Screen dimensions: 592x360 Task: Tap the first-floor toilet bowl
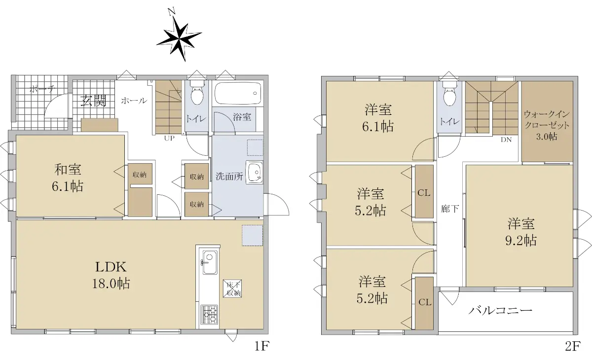(196, 93)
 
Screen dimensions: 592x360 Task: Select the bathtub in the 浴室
(238, 94)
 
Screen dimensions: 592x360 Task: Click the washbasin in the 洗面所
(254, 172)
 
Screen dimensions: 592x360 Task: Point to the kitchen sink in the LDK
(210, 262)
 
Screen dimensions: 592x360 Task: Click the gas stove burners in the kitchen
(209, 315)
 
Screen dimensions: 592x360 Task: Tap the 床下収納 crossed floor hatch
(232, 288)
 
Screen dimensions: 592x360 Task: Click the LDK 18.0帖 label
(111, 275)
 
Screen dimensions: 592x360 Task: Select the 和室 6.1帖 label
(68, 178)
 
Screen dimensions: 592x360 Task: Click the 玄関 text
(93, 101)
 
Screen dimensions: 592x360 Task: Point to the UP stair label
(169, 138)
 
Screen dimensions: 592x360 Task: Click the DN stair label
(506, 140)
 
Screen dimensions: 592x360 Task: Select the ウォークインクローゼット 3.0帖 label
(547, 125)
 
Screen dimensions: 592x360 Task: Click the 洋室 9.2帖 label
(521, 232)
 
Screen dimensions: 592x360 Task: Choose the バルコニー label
(500, 310)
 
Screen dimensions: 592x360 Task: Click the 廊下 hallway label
(450, 209)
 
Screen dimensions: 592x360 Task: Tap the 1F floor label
(261, 346)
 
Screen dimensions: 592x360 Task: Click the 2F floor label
(572, 346)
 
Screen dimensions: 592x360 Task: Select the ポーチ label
(42, 89)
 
